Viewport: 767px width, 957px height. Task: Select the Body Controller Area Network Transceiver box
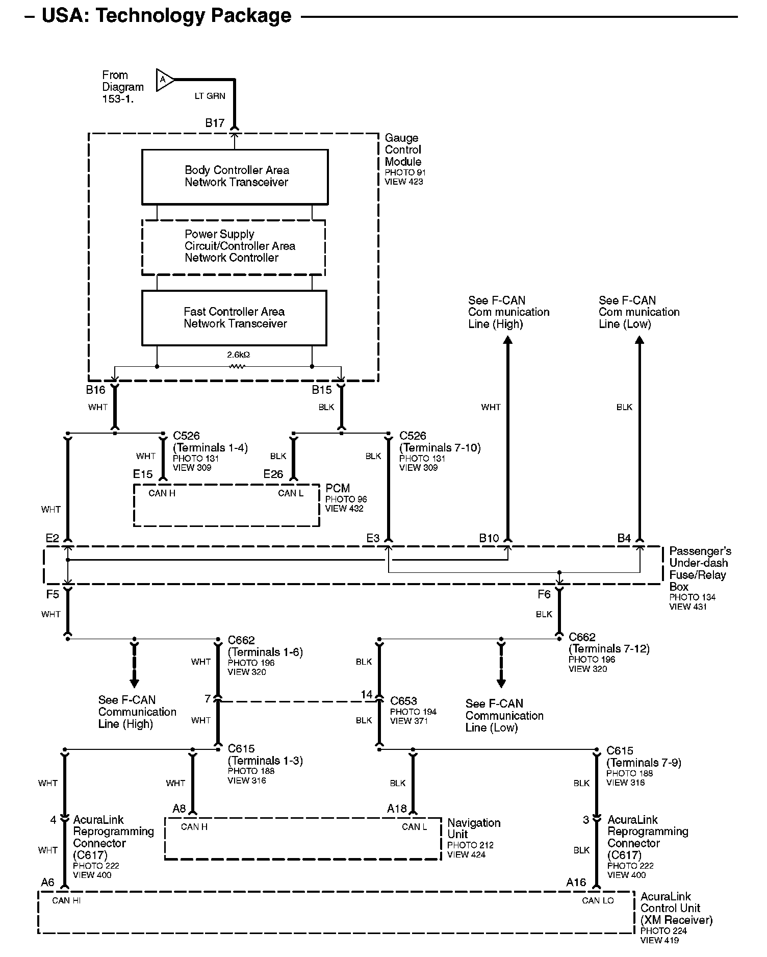click(235, 177)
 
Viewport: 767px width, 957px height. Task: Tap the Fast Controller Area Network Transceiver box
click(234, 318)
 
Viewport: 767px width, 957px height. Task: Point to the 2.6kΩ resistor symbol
click(237, 366)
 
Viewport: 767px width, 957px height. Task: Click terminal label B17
click(215, 123)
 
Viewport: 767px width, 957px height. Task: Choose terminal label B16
click(95, 390)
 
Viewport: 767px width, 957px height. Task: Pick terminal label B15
click(322, 390)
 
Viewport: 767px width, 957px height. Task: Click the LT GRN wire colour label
click(210, 96)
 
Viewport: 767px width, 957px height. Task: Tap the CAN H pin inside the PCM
click(162, 493)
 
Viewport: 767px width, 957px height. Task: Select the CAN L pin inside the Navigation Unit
click(414, 827)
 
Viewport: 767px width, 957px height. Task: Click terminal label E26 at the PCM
click(273, 474)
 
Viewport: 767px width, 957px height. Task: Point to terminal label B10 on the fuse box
click(489, 538)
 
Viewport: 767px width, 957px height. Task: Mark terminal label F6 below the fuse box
click(544, 594)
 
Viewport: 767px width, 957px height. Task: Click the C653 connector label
click(403, 701)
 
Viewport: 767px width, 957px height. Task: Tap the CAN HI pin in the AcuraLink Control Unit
click(66, 900)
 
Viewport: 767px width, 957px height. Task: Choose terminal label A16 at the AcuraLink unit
click(576, 883)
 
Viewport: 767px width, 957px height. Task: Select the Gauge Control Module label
click(403, 149)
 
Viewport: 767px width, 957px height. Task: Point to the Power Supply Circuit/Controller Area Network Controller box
click(234, 246)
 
